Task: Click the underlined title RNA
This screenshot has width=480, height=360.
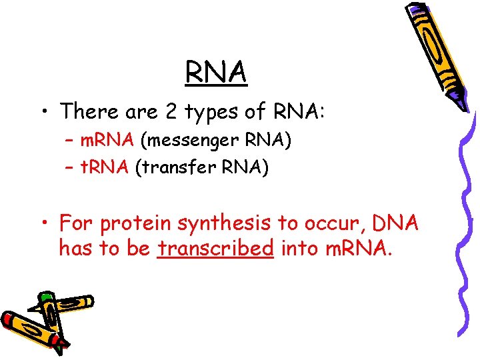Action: point(217,71)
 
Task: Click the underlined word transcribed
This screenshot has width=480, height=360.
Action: point(216,249)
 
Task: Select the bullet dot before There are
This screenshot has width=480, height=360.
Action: point(45,111)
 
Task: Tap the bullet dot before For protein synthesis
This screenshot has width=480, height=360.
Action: point(45,223)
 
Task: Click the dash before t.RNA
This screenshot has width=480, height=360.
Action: point(70,168)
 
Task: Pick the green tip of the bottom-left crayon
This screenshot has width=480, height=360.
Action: point(46,297)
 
